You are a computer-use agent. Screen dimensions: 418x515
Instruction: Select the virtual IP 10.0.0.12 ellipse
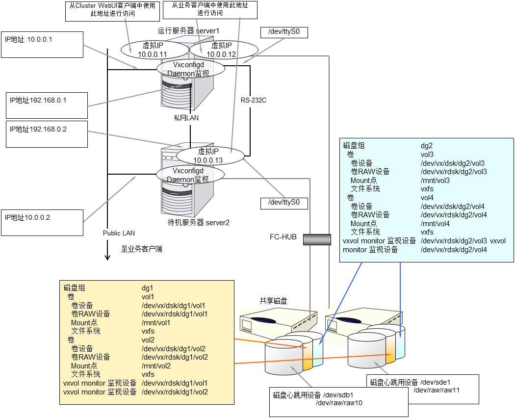pos(224,49)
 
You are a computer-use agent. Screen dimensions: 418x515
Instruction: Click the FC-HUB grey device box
pos(317,239)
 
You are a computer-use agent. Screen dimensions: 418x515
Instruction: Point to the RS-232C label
pos(253,101)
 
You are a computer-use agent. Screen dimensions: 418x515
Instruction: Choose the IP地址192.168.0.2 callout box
pos(46,133)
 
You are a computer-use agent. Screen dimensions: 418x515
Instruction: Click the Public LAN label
pos(119,233)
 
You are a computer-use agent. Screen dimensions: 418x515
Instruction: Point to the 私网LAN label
pos(186,118)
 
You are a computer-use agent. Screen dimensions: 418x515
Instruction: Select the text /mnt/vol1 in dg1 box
pos(156,322)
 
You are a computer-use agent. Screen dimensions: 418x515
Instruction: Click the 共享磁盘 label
pos(273,301)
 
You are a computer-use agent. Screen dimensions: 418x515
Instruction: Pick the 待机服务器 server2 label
pos(198,222)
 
